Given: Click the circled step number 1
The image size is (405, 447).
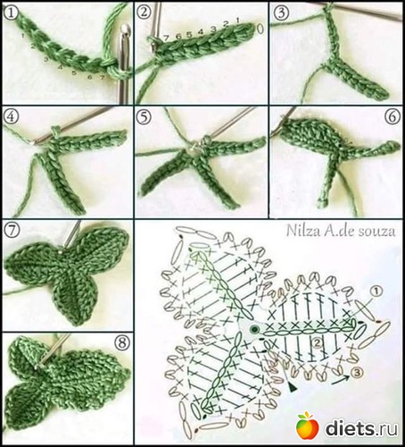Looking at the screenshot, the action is pyautogui.click(x=11, y=13).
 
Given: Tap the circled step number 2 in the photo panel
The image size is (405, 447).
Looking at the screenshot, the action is pyautogui.click(x=144, y=12).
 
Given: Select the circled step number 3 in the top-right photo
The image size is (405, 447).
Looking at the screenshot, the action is pyautogui.click(x=281, y=13).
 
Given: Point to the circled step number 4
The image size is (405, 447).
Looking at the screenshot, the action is pyautogui.click(x=11, y=116).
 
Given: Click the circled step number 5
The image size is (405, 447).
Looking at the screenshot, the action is pyautogui.click(x=144, y=118).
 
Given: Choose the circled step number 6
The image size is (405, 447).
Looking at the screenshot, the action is pyautogui.click(x=393, y=116).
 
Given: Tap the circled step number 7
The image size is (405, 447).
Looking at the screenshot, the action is pyautogui.click(x=12, y=231).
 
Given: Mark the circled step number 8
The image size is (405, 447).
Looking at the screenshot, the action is pyautogui.click(x=121, y=343).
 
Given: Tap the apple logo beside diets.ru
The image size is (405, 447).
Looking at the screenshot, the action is pyautogui.click(x=308, y=426).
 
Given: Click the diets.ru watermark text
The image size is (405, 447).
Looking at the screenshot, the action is pyautogui.click(x=361, y=428).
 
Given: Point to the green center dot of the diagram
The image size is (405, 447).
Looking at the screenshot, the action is pyautogui.click(x=254, y=329).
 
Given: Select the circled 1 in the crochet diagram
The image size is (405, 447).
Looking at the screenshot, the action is pyautogui.click(x=376, y=291).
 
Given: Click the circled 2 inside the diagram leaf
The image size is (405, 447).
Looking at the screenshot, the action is pyautogui.click(x=317, y=343).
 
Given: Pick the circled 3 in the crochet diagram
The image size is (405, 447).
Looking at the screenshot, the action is pyautogui.click(x=357, y=372).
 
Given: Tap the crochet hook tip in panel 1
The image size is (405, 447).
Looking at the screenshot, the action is pyautogui.click(x=126, y=30).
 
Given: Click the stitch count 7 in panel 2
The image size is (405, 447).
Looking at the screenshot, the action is pyautogui.click(x=166, y=38).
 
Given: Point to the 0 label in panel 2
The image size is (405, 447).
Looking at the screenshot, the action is pyautogui.click(x=260, y=29).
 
